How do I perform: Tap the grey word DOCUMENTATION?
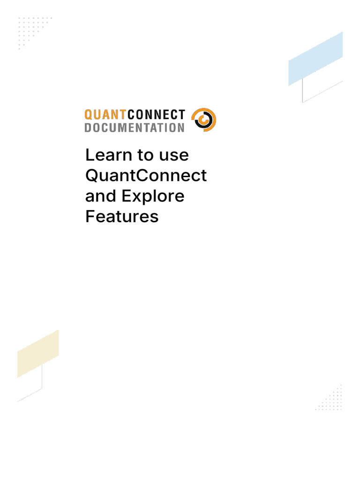[x=135, y=127]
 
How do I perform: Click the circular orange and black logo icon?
[x=204, y=120]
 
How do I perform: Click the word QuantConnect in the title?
[x=146, y=175]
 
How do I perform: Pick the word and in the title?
[x=100, y=196]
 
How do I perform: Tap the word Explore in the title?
[x=153, y=196]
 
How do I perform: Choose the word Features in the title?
[x=122, y=217]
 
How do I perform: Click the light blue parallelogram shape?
[x=315, y=59]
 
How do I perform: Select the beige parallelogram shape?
[x=38, y=354]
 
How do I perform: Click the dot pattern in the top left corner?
[x=33, y=30]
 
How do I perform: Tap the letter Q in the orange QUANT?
[x=88, y=114]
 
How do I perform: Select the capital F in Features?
[x=89, y=217]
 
